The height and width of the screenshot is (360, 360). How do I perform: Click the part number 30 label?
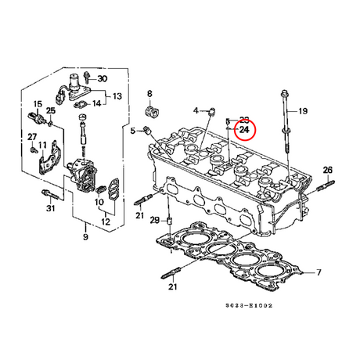pyautogui.click(x=103, y=78)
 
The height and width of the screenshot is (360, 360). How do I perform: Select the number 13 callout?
pyautogui.click(x=117, y=96)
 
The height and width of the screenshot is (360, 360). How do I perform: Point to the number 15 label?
pyautogui.click(x=37, y=104)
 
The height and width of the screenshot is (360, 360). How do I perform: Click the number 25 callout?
pyautogui.click(x=51, y=111)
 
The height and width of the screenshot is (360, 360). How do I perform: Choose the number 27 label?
pyautogui.click(x=32, y=138)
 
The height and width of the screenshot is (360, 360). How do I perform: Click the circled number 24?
pyautogui.click(x=245, y=129)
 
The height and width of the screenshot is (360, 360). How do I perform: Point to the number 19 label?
pyautogui.click(x=303, y=111)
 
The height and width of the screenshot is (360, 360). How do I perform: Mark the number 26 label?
pyautogui.click(x=328, y=170)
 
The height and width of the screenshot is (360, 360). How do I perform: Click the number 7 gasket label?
pyautogui.click(x=319, y=272)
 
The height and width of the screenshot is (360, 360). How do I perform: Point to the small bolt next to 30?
pyautogui.click(x=88, y=78)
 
